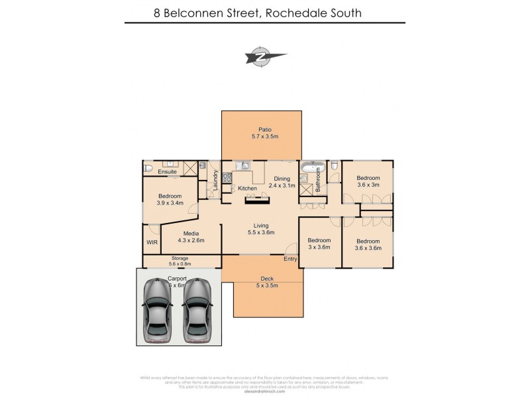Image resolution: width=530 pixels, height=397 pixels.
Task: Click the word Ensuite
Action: point(167,172)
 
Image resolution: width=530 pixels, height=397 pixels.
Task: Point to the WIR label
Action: point(152,243)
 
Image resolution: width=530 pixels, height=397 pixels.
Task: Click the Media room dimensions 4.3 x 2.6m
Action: point(191,240)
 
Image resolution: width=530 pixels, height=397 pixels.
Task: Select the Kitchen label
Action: point(247,189)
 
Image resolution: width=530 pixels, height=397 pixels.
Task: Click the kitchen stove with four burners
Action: point(227,177)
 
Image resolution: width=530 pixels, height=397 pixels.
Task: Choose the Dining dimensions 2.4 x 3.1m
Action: point(282,186)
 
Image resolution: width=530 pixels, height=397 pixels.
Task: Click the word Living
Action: point(260,225)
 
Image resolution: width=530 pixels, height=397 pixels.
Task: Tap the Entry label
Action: point(290,259)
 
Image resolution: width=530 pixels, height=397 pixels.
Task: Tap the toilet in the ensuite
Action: point(148,170)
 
